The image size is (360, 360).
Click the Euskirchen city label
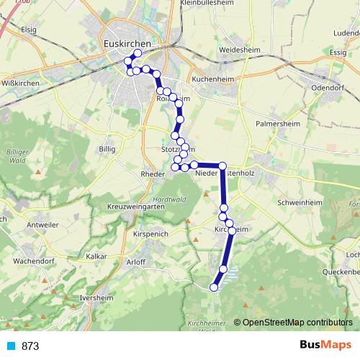pyautogui.click(x=127, y=43)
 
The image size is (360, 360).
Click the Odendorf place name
pyautogui.click(x=330, y=86)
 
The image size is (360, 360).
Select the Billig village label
pyautogui.click(x=107, y=149)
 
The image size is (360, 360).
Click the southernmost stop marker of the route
pyautogui.click(x=213, y=287)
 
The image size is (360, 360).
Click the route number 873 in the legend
pyautogui.click(x=30, y=346)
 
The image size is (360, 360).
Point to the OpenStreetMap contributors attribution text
pyautogui.click(x=299, y=322)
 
